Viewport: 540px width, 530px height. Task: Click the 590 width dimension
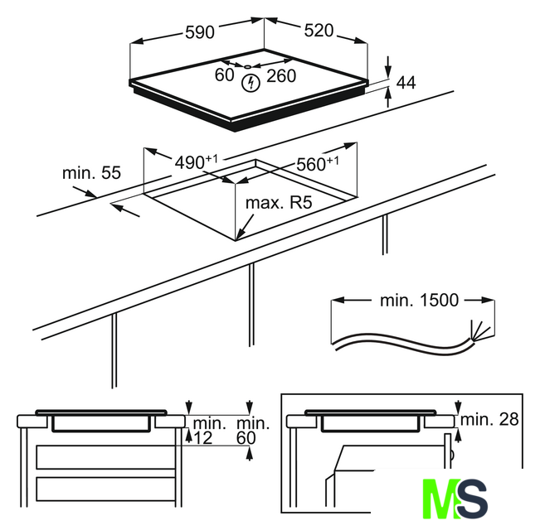tap(200, 32)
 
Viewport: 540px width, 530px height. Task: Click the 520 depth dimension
tap(319, 31)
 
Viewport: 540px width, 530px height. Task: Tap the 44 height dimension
tap(406, 83)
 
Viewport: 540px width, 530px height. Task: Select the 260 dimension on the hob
tap(281, 76)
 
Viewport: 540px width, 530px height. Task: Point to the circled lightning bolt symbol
tap(251, 83)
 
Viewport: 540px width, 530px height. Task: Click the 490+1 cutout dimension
tap(197, 162)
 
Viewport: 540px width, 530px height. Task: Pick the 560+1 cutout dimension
tap(318, 164)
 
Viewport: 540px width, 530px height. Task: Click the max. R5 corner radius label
tap(279, 203)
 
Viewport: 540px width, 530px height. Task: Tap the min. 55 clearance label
tap(91, 173)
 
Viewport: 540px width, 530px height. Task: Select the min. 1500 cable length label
tap(419, 301)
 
